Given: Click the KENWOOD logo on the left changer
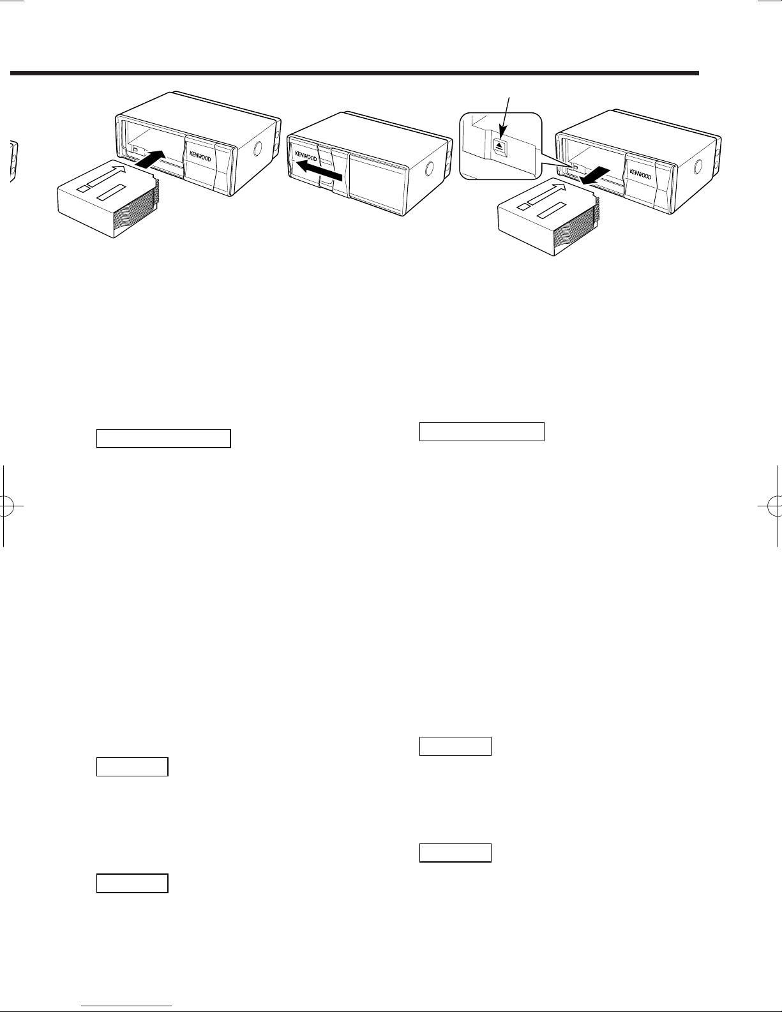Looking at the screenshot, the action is point(200,156).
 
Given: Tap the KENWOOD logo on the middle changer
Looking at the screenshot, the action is point(306,156).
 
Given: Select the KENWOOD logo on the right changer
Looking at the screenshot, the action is point(640,174).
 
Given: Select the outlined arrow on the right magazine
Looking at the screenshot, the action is point(546,193).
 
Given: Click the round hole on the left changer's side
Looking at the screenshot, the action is point(257,148).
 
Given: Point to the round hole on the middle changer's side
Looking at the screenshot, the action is point(429,168).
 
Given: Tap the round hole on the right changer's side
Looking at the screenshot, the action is point(698,166).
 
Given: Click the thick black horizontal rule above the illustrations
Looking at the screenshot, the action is point(354,73).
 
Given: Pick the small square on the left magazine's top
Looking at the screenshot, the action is point(82,188).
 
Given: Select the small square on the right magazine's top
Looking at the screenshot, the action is point(523,206).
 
